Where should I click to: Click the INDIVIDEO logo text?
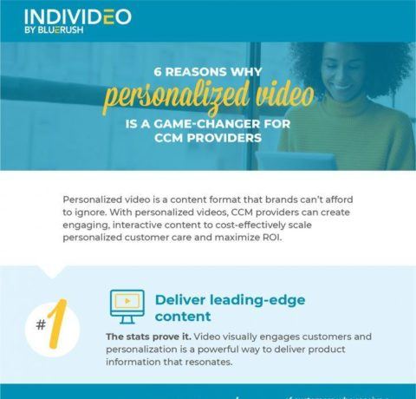pyautogui.click(x=78, y=16)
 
